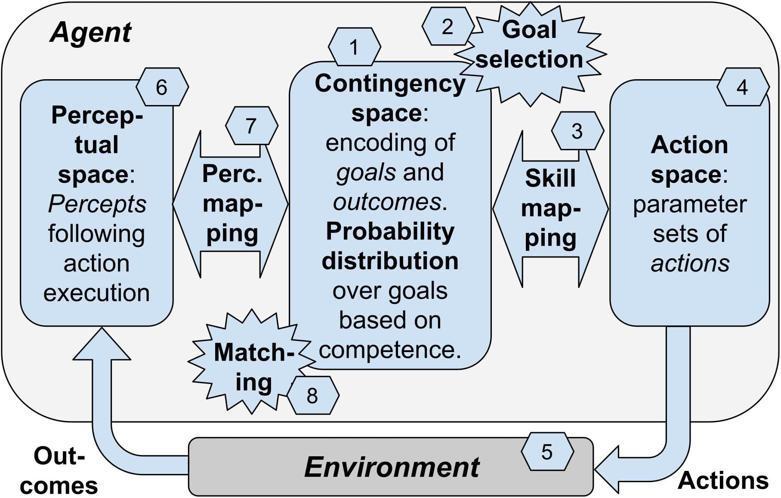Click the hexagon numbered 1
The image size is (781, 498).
pyautogui.click(x=354, y=47)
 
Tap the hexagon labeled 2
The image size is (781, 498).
pyautogui.click(x=448, y=27)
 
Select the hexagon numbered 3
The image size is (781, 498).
pyautogui.click(x=577, y=131)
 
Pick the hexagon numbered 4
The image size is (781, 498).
pyautogui.click(x=742, y=87)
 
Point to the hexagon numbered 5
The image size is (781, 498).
pyautogui.click(x=547, y=452)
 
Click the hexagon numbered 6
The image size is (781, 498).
pyautogui.click(x=162, y=87)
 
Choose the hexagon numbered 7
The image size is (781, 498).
pyautogui.click(x=251, y=126)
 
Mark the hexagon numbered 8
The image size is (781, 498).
pyautogui.click(x=312, y=395)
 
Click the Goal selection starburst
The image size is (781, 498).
pyautogui.click(x=529, y=45)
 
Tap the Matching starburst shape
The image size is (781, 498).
pyautogui.click(x=253, y=366)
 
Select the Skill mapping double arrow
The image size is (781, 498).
pyautogui.click(x=550, y=209)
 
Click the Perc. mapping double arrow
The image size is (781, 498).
pyautogui.click(x=232, y=204)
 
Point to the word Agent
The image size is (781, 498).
pyautogui.click(x=90, y=33)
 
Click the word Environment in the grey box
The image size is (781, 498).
pyautogui.click(x=391, y=467)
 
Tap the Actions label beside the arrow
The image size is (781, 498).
pyautogui.click(x=723, y=480)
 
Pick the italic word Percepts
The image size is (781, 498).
pyautogui.click(x=97, y=204)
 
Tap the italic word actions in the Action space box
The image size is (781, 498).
pyautogui.click(x=690, y=263)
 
